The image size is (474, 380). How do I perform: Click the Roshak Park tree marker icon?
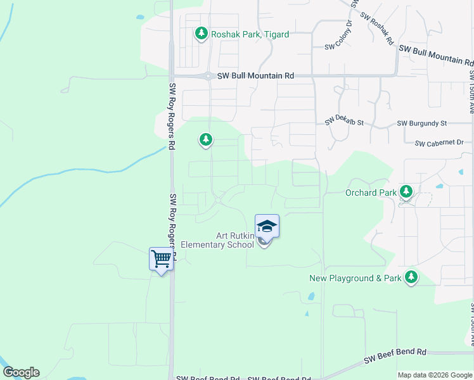(202, 33)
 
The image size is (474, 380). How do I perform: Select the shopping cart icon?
(162, 258)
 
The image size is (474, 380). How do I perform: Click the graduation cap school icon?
(267, 226)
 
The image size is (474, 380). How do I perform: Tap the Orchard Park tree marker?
(406, 191)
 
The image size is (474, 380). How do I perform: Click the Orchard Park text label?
(371, 193)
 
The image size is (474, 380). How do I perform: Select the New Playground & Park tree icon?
(411, 277)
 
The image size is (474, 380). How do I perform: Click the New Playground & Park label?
(355, 278)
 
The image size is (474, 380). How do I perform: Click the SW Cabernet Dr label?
(440, 144)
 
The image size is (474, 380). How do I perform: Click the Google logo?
(21, 372)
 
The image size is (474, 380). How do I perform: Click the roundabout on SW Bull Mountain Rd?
(208, 75)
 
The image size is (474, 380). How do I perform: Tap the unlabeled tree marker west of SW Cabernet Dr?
(205, 139)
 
